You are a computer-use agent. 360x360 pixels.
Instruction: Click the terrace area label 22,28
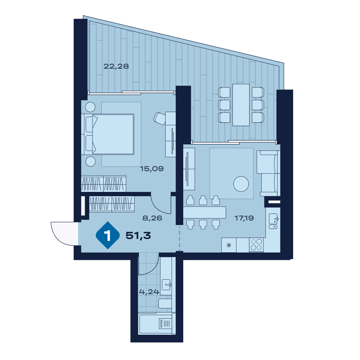pos(116,66)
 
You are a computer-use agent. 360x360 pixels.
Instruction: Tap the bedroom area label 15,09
pos(152,169)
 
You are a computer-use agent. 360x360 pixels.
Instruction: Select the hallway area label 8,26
pos(152,218)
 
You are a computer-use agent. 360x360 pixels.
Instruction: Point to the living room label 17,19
pos(244,218)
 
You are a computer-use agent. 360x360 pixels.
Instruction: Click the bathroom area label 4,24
pos(149,292)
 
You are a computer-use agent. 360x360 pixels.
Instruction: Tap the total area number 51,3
pos(138,235)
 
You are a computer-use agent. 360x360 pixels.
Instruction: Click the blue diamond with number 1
pos(108,235)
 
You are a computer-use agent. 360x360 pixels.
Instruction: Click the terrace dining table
pos(241,105)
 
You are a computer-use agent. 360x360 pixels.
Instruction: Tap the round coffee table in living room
pos(241,184)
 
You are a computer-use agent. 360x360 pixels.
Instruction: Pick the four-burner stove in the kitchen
pos(256,245)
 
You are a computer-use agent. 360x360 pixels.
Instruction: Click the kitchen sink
pos(273,221)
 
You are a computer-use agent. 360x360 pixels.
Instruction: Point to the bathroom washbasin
pos(166,285)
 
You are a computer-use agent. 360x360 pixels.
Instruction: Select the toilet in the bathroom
pos(165,303)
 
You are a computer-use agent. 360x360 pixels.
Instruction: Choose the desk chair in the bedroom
pos(160,118)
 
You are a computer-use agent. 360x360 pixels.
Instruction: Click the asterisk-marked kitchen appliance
pos(229,245)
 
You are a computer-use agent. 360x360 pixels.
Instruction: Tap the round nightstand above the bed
pos(90,107)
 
